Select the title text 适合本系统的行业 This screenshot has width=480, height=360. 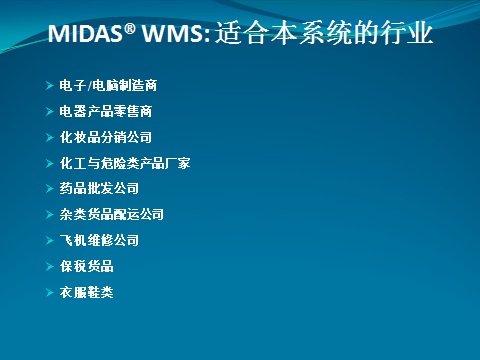pyautogui.click(x=324, y=35)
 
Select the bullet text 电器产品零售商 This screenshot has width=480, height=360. pyautogui.click(x=105, y=111)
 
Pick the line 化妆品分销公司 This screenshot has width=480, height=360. pyautogui.click(x=105, y=137)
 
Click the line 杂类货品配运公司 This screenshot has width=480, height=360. pyautogui.click(x=111, y=214)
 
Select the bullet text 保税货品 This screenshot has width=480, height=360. pyautogui.click(x=86, y=266)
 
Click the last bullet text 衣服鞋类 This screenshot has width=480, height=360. pyautogui.click(x=86, y=292)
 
